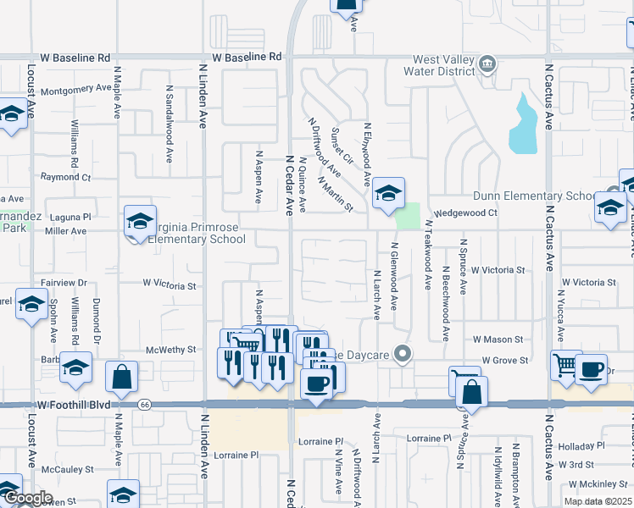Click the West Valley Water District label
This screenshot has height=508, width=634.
(x=442, y=67)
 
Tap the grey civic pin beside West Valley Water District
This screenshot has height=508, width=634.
(x=487, y=64)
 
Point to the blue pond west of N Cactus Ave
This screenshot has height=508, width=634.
(x=523, y=127)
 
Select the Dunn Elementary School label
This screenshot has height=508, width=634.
(x=536, y=196)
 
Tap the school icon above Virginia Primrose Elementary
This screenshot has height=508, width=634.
(x=140, y=222)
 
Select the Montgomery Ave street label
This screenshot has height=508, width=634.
(x=75, y=88)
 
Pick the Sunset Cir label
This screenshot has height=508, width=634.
(x=342, y=146)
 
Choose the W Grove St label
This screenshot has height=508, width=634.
(x=505, y=360)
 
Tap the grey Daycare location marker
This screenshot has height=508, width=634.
(x=404, y=354)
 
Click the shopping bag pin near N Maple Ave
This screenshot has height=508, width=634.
(x=122, y=377)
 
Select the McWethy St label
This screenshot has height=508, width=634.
(x=171, y=349)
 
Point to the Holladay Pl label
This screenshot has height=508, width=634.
(x=582, y=445)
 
